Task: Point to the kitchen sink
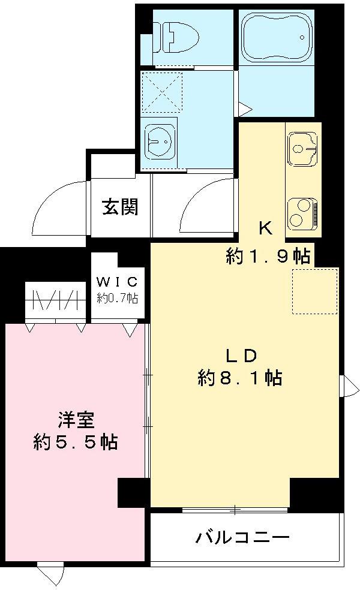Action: click(x=303, y=147)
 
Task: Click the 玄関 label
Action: click(x=120, y=207)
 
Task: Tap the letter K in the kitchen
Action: click(x=266, y=228)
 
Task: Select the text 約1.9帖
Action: click(x=268, y=256)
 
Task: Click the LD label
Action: click(x=241, y=355)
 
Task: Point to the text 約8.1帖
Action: click(x=240, y=378)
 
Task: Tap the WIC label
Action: click(x=119, y=282)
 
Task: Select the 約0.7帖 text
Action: click(x=118, y=297)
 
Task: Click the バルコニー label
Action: click(x=242, y=537)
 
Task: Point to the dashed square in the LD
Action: click(x=315, y=291)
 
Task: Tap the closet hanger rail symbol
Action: click(x=55, y=299)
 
